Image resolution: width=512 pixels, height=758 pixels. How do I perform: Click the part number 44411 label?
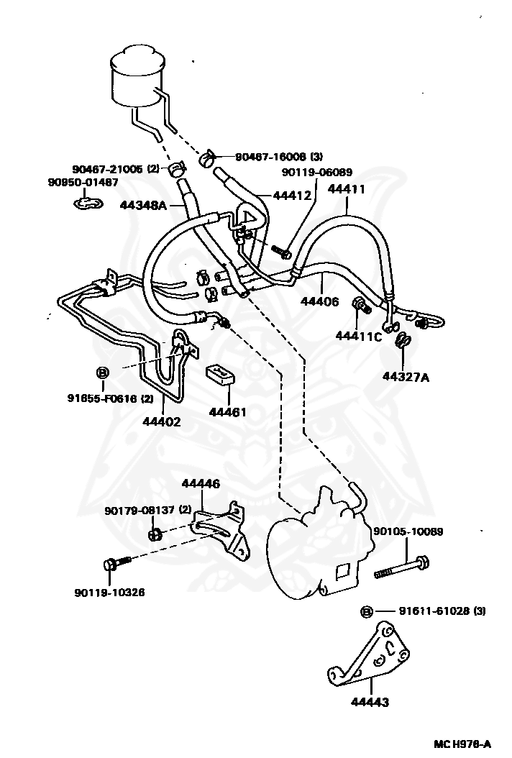347,189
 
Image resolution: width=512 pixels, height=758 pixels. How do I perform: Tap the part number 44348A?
142,205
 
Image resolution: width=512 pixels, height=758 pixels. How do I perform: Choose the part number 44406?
319,301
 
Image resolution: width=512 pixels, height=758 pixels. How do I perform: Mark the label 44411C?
358,336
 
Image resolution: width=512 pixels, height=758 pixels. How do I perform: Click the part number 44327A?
406,376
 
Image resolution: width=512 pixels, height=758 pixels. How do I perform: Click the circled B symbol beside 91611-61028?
366,611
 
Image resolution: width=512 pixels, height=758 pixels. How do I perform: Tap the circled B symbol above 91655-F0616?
102,373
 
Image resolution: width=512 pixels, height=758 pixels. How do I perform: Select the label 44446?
200,484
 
